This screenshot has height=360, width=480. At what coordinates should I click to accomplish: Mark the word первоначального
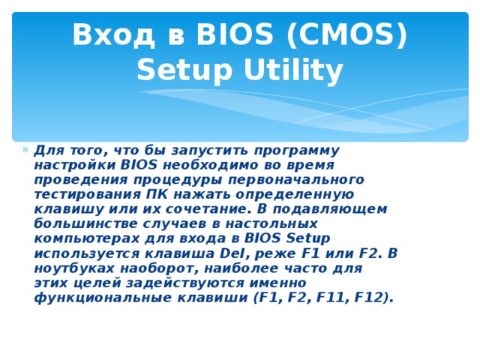click(x=299, y=179)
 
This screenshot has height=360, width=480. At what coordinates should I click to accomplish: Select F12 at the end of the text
click(x=370, y=298)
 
